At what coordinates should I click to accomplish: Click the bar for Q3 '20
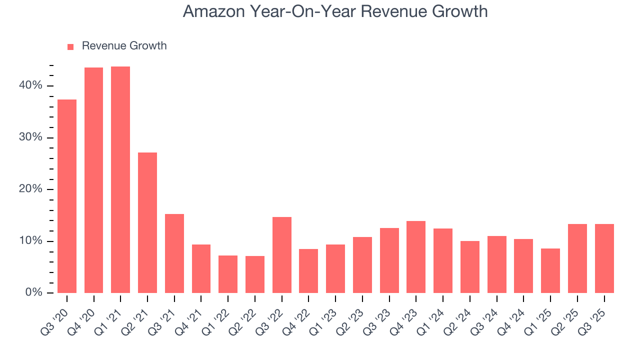coord(67,196)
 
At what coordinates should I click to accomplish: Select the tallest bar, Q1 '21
coord(120,179)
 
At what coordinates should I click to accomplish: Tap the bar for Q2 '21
coord(147,222)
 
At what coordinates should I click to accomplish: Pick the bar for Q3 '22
coord(282,255)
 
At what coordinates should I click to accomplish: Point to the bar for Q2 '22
coord(255,274)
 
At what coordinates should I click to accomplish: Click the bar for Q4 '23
coord(416,257)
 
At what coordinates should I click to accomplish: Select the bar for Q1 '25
coord(550,270)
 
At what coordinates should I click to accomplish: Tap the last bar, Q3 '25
coord(604,258)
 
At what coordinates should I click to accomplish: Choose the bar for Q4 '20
coord(93,180)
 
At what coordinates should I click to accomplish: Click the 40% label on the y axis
coord(30,85)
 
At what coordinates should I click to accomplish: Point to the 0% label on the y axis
coord(33,292)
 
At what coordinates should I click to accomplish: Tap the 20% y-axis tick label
coord(30,189)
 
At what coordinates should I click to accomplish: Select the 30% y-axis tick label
coord(30,137)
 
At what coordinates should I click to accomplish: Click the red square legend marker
coord(70,46)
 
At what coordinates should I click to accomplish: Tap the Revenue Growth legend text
coord(124,46)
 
